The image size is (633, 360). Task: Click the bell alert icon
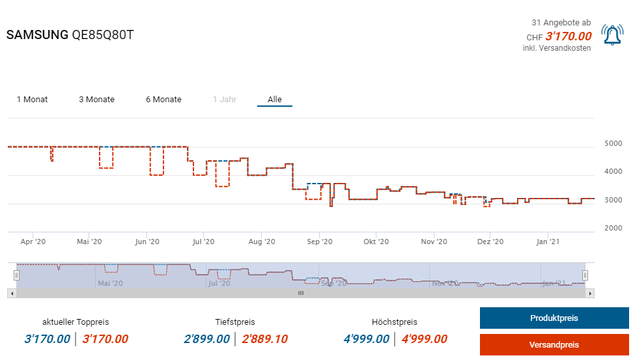[612, 35]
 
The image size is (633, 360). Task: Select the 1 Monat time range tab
[32, 100]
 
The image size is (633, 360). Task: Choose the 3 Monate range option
[96, 100]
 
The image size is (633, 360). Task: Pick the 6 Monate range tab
[163, 100]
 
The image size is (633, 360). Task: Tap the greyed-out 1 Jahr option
[224, 100]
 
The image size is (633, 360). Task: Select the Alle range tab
[275, 100]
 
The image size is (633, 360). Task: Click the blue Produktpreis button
[553, 318]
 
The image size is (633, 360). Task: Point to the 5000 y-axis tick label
[613, 143]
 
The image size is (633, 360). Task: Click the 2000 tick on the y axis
[613, 228]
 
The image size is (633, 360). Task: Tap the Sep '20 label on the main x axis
[318, 242]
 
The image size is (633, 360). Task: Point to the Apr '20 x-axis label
[33, 242]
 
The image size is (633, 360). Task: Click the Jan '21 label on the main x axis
[548, 242]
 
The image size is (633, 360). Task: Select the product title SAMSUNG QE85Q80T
[70, 35]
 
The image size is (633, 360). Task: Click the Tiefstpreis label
[235, 322]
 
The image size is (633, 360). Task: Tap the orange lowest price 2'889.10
[264, 339]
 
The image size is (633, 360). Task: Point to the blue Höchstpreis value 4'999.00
[366, 339]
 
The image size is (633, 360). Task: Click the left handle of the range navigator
[16, 275]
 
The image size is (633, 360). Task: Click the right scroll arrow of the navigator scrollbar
[591, 294]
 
